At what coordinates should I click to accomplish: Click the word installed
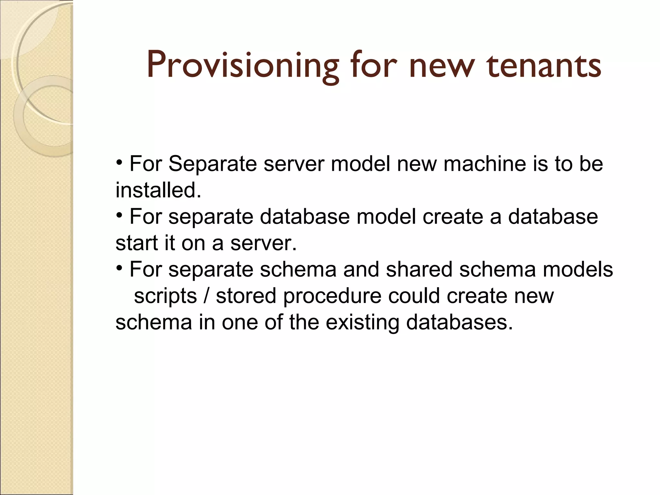[158, 190]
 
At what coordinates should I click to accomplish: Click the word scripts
[165, 296]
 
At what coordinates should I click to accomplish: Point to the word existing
[362, 323]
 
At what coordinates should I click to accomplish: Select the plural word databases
[459, 322]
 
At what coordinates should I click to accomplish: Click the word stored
[246, 296]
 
